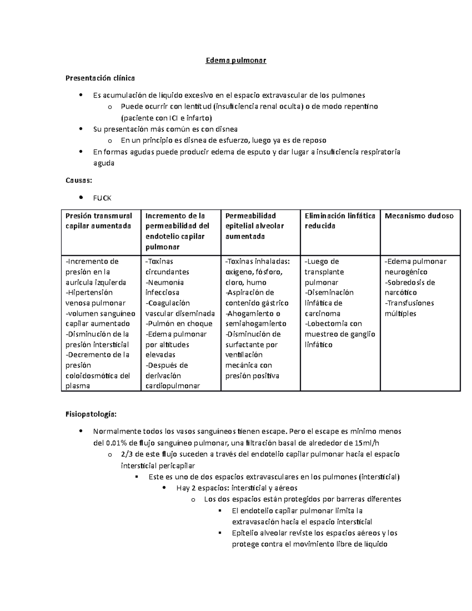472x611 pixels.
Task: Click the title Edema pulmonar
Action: [236, 61]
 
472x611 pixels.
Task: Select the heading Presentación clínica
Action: [100, 78]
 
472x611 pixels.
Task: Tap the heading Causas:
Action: [79, 181]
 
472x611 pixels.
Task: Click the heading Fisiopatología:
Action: [91, 414]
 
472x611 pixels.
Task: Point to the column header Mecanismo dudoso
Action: [419, 216]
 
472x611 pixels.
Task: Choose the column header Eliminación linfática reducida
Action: [340, 221]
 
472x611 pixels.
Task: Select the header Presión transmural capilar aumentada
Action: [99, 221]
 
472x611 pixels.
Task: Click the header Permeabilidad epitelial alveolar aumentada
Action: [254, 226]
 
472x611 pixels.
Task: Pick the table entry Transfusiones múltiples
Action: [409, 308]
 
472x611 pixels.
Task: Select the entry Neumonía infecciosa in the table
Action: [164, 287]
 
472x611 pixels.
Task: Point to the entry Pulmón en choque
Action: [179, 323]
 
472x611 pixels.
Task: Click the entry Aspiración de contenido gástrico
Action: [256, 297]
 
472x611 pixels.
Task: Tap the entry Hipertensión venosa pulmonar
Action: [95, 297]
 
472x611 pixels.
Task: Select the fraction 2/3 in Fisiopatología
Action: [127, 454]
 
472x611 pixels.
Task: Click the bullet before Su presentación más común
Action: [81, 129]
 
